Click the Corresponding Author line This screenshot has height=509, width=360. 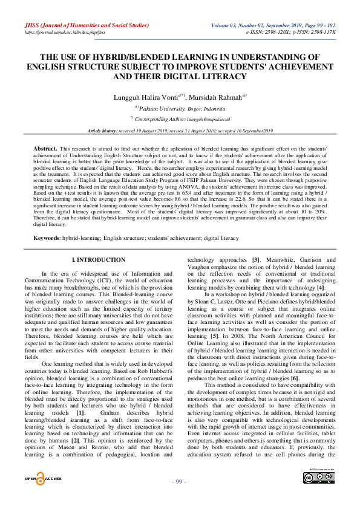pos(179,119)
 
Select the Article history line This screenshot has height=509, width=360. pos(180,131)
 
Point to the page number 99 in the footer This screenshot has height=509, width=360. pos(179,498)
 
